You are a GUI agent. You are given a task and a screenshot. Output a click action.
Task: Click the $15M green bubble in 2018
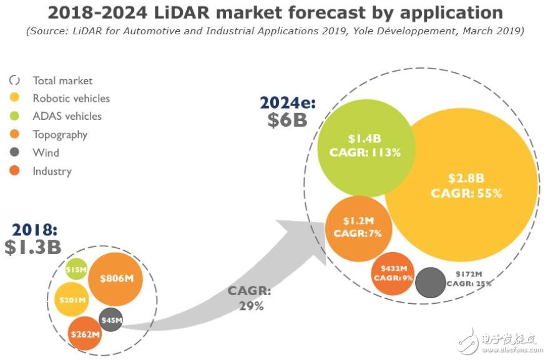tap(76, 268)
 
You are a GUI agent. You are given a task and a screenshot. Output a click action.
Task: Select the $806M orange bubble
tap(115, 279)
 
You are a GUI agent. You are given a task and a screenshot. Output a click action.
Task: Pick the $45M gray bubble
tap(111, 320)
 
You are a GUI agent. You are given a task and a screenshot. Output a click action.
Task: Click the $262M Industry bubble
tap(85, 334)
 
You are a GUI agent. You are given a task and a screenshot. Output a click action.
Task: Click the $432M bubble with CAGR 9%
tap(393, 273)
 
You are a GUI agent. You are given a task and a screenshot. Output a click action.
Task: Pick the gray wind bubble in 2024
tap(430, 282)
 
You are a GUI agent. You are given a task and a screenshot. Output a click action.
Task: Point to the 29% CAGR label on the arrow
tap(250, 306)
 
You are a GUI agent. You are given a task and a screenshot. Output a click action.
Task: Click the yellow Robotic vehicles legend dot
tap(16, 98)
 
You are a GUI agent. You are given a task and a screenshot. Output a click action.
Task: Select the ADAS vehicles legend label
tap(67, 116)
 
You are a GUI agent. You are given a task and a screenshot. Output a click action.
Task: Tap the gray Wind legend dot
tap(16, 152)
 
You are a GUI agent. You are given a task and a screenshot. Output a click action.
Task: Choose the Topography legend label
tap(60, 134)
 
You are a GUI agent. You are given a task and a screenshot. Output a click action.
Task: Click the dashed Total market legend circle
tap(16, 80)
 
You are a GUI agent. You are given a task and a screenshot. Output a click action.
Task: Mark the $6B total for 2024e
tap(287, 119)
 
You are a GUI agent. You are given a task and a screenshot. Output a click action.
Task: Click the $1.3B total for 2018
tap(33, 246)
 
